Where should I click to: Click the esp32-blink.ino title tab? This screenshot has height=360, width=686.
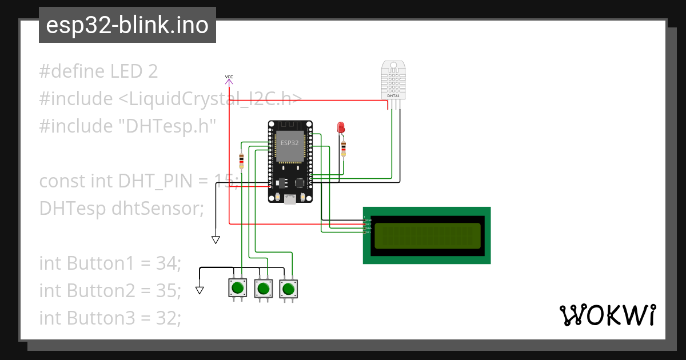127,25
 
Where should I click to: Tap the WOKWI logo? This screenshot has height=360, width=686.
607,315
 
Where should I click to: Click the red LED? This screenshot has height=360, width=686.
341,127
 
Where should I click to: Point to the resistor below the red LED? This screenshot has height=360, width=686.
344,148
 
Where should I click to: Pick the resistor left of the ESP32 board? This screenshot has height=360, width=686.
241,161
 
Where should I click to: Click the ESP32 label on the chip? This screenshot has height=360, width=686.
289,143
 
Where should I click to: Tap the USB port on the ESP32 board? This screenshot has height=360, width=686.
290,198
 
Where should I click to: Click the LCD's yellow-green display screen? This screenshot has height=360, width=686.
426,235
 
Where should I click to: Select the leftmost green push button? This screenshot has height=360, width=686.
237,287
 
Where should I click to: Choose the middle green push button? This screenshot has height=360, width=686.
263,288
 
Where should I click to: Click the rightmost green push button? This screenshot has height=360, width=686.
289,288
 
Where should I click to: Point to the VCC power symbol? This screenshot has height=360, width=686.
229,79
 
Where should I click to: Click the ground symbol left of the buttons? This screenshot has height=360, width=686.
200,290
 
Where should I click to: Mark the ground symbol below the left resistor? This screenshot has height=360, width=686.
216,240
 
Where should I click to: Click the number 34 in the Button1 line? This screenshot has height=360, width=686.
168,263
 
